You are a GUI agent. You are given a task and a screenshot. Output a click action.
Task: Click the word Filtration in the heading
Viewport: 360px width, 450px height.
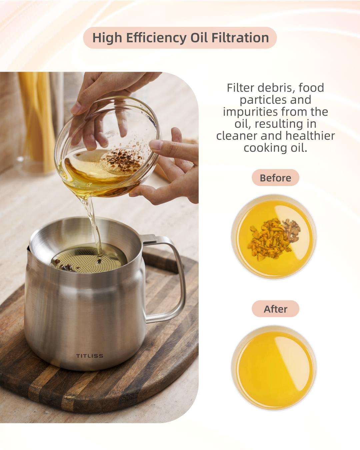(x=240, y=38)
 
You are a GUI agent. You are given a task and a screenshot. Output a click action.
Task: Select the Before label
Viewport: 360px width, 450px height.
(x=275, y=178)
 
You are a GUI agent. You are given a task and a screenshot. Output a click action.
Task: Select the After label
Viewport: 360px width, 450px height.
(x=275, y=309)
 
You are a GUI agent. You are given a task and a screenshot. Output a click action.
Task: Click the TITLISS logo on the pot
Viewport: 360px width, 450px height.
(x=90, y=356)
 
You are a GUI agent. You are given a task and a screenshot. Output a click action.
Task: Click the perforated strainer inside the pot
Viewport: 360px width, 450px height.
(x=88, y=259)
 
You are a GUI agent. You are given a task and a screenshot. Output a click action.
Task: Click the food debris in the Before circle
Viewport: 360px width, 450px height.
(x=274, y=238)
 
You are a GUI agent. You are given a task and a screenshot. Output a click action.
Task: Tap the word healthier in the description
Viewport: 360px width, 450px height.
(x=310, y=136)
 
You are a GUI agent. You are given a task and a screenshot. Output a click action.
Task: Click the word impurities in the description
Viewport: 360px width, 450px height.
(x=250, y=112)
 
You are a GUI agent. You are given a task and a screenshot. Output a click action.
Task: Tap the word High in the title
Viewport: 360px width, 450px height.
(x=107, y=38)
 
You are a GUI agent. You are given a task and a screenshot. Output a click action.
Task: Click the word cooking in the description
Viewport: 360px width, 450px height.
(x=265, y=148)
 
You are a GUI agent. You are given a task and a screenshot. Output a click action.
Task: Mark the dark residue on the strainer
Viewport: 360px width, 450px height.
(x=65, y=266)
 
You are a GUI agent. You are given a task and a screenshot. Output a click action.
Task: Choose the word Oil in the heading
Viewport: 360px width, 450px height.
(x=199, y=38)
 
